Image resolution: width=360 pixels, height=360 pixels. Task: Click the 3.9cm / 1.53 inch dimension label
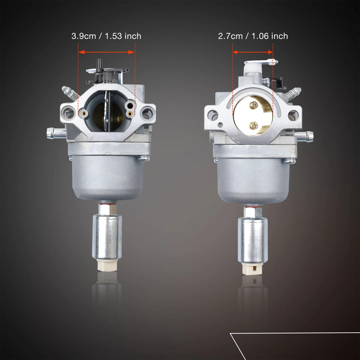pos(106,36)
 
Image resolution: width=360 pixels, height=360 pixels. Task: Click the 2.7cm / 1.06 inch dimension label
pos(253,36)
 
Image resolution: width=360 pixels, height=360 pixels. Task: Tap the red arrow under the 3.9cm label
pos(106,52)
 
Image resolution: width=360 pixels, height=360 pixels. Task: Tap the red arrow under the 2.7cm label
pos(252,52)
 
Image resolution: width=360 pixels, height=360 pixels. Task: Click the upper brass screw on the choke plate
pos(254,105)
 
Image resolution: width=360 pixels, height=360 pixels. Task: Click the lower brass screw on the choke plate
pos(253,126)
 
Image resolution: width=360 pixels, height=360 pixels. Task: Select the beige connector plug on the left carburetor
pos(107,265)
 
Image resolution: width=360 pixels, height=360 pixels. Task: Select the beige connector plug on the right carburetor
pos(252,269)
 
